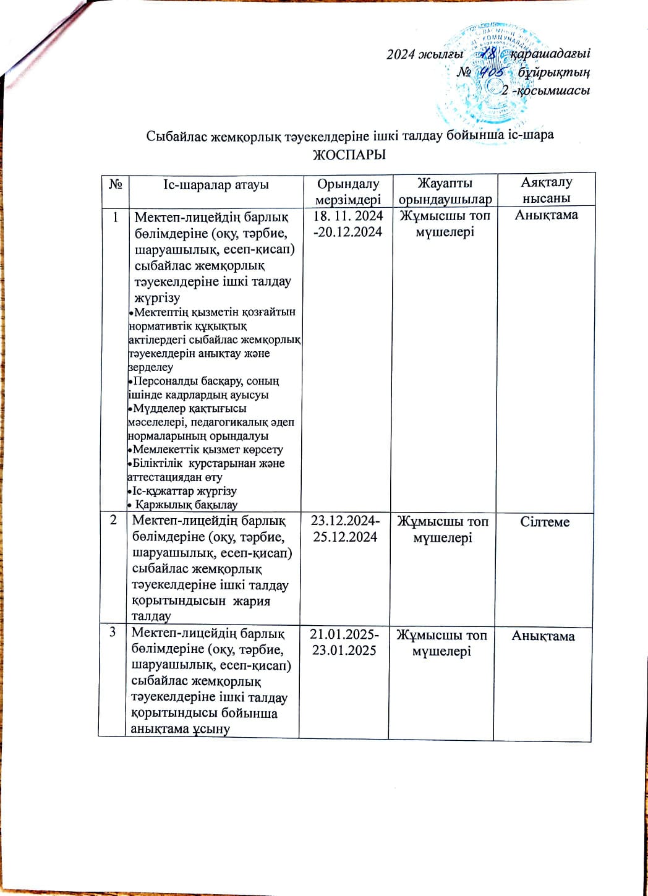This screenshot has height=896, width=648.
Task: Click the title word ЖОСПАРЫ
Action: pyautogui.click(x=350, y=155)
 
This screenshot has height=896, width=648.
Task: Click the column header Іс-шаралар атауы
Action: pyautogui.click(x=215, y=184)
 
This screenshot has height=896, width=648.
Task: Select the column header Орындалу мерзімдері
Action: pyautogui.click(x=347, y=191)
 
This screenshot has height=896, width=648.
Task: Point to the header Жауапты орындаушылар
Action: pyautogui.click(x=445, y=191)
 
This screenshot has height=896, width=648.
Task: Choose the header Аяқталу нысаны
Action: pyautogui.click(x=545, y=190)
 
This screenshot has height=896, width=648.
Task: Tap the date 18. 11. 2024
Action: pyautogui.click(x=348, y=216)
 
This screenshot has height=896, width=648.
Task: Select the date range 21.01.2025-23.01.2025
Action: pyautogui.click(x=346, y=642)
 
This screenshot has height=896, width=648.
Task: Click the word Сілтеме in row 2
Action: pyautogui.click(x=545, y=522)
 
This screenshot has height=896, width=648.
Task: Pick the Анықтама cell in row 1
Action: pyautogui.click(x=546, y=215)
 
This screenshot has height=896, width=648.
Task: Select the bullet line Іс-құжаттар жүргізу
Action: pyautogui.click(x=184, y=491)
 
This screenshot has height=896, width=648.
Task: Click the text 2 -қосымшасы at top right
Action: pyautogui.click(x=545, y=91)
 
